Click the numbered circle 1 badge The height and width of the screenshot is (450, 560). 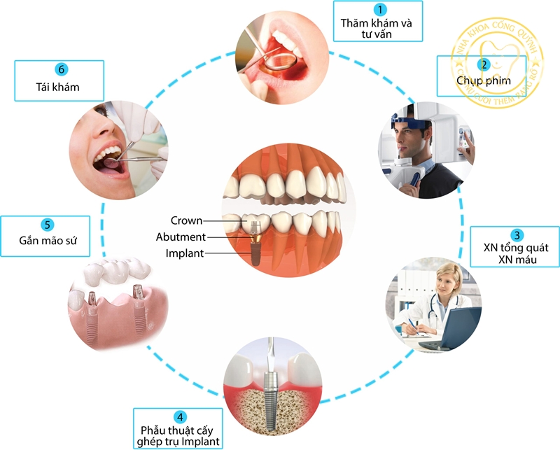(379, 9)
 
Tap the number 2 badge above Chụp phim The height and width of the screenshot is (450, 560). (482, 64)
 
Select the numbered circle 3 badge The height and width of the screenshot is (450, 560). (516, 234)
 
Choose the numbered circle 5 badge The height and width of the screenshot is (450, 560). (47, 225)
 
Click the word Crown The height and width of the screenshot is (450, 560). (187, 220)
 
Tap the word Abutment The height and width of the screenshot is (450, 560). (181, 237)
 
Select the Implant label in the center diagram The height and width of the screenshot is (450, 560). (185, 253)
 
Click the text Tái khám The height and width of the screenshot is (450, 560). (59, 87)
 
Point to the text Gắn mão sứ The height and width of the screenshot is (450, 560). (48, 242)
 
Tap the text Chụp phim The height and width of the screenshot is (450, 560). (483, 81)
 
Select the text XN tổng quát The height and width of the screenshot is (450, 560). (516, 248)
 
